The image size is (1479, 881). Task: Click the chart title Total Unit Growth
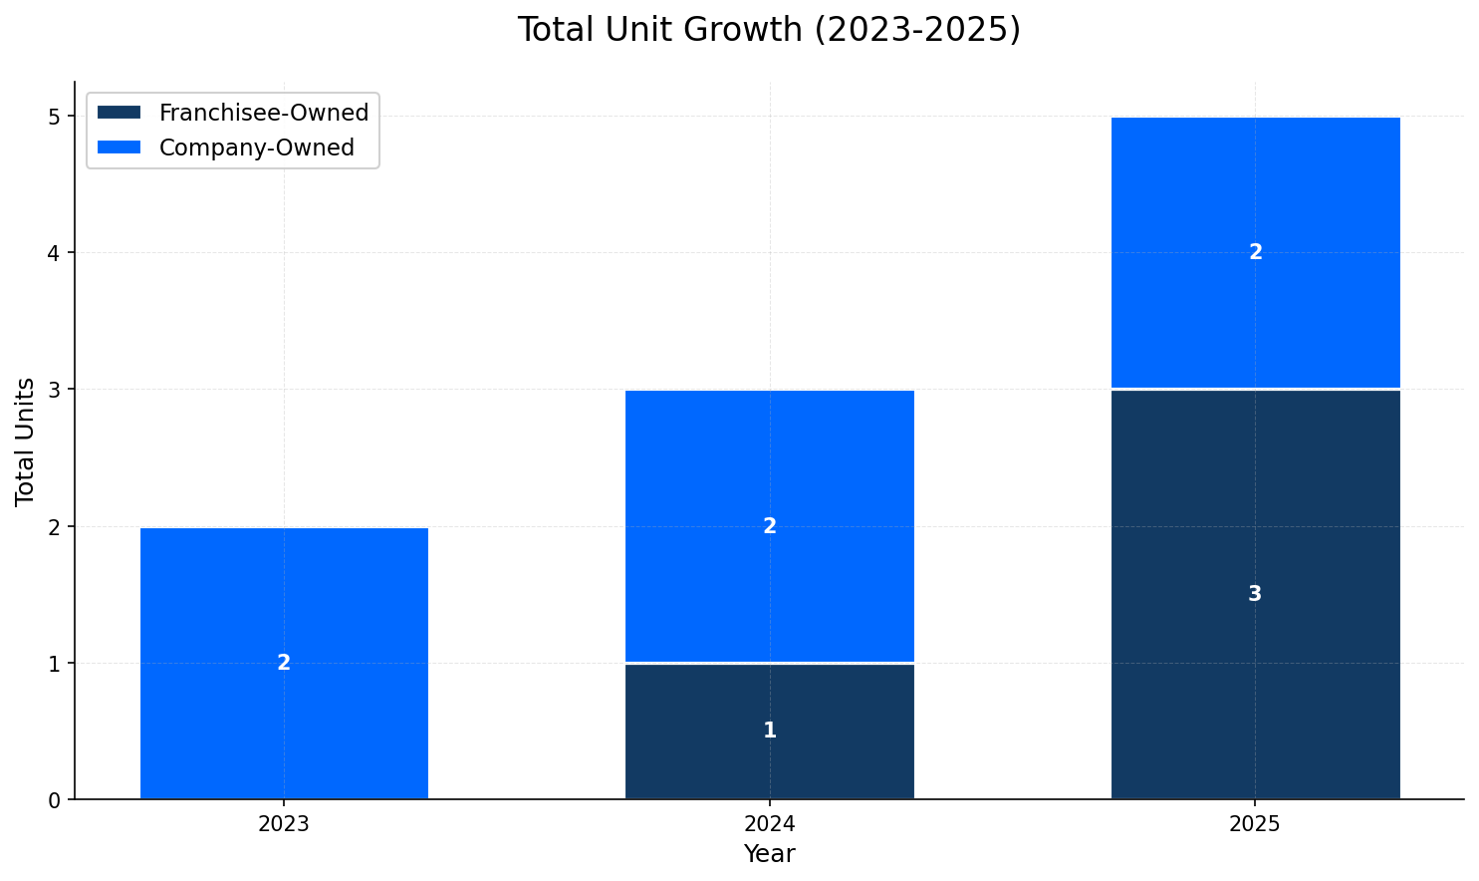tap(769, 30)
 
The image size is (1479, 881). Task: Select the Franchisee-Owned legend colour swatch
tap(120, 113)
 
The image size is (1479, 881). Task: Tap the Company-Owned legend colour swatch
tap(120, 147)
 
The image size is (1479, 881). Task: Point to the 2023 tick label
tap(284, 824)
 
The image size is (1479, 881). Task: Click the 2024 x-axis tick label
tap(769, 824)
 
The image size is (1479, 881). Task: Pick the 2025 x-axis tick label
tap(1255, 824)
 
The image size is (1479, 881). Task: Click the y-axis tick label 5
tap(55, 117)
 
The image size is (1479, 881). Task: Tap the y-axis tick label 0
tap(55, 800)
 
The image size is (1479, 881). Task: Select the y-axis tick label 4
tap(55, 253)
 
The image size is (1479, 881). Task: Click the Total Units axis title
tap(26, 440)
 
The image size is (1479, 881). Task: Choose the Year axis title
tap(769, 854)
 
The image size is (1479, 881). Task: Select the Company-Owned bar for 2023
tap(284, 598)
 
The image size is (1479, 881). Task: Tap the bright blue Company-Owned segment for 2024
tap(769, 468)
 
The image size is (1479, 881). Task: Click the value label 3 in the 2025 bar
tap(1255, 594)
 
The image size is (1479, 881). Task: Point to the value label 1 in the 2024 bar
tap(769, 731)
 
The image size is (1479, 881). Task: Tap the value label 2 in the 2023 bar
tap(284, 663)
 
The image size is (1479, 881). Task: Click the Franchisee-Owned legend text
tap(264, 113)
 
